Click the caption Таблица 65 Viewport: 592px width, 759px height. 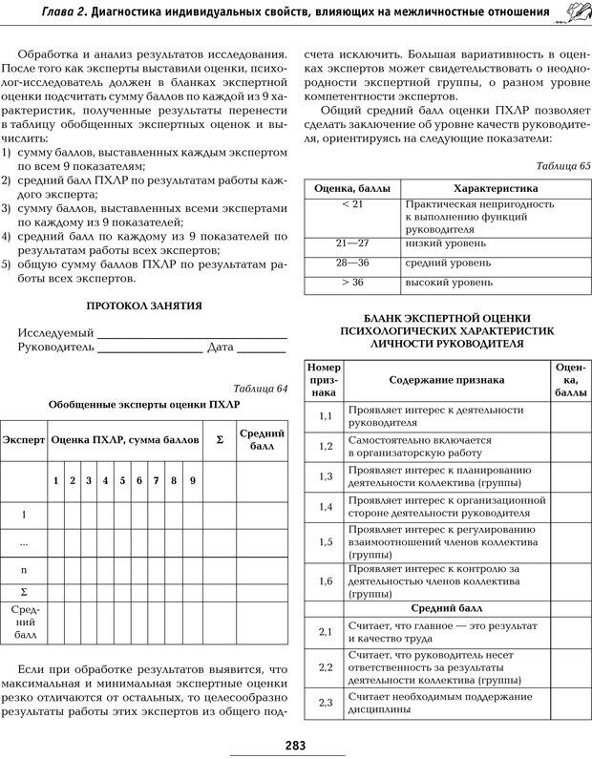563,165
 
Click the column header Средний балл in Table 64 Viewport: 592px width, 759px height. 261,440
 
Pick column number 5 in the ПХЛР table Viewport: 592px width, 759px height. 123,480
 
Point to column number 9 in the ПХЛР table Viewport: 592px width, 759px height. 192,480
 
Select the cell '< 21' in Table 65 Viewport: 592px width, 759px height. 351,204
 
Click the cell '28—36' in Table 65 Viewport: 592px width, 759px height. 351,262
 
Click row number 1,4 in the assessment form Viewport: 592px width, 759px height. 325,506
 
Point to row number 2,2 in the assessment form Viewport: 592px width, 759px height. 325,666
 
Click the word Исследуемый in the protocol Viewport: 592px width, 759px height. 55,332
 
